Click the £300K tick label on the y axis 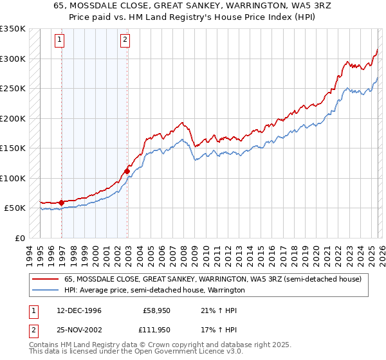pyautogui.click(x=13, y=59)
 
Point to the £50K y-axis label pyautogui.click(x=15, y=208)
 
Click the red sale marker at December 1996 pyautogui.click(x=62, y=203)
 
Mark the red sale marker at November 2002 pyautogui.click(x=127, y=171)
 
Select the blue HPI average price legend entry pyautogui.click(x=154, y=291)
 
